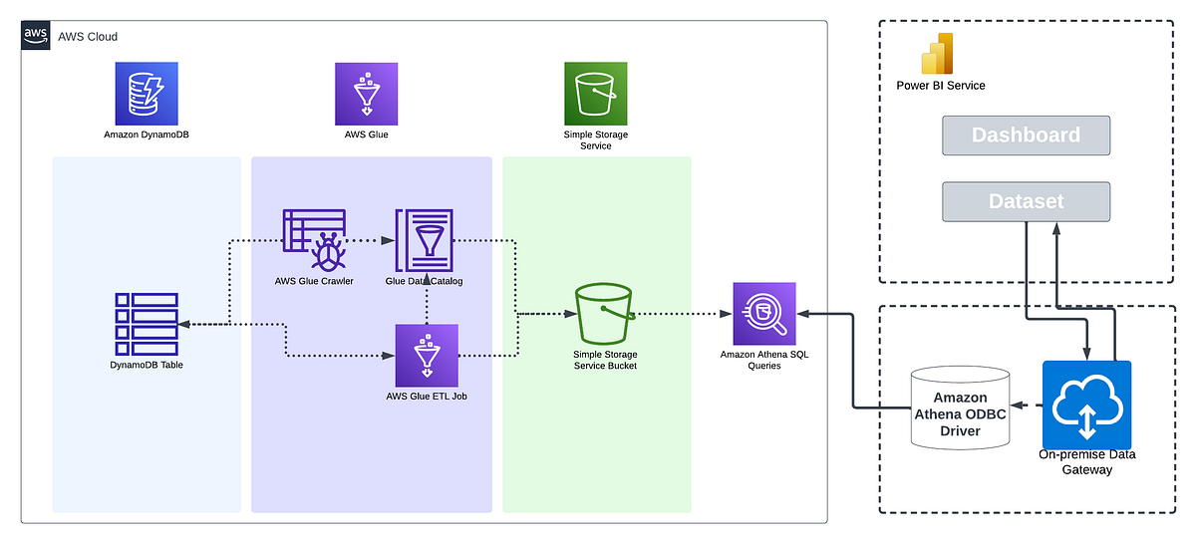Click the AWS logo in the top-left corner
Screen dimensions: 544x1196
(36, 36)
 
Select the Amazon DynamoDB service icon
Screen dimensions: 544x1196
(146, 93)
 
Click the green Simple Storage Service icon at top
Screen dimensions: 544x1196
(596, 93)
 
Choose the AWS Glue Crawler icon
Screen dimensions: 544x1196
(314, 239)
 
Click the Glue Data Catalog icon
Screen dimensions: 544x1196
(425, 239)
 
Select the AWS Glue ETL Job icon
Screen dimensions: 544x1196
(427, 355)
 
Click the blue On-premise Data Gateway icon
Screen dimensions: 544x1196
(1086, 405)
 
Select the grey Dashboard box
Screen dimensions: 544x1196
(1026, 136)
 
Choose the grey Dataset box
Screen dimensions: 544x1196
(1026, 201)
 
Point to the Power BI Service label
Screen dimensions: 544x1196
(941, 86)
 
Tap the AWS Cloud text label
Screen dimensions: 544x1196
(88, 37)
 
